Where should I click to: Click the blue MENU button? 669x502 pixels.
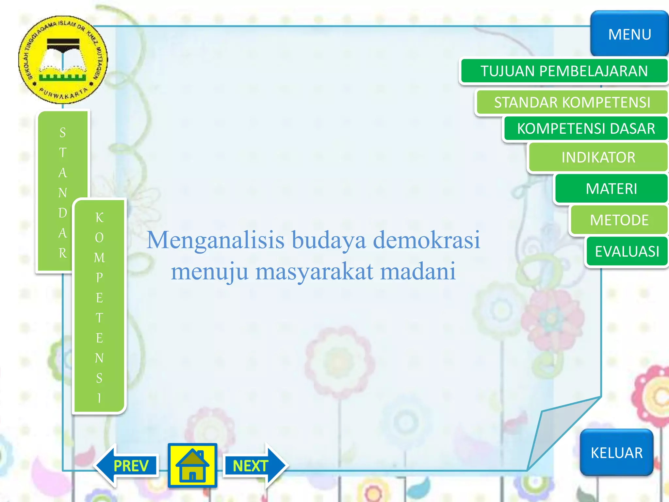coord(629,34)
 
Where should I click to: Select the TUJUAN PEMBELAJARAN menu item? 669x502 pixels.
coord(564,71)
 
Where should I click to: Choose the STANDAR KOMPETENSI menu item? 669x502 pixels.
coord(572,102)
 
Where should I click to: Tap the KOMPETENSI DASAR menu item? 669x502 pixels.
coord(586,128)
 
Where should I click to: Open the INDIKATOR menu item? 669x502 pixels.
coord(598,157)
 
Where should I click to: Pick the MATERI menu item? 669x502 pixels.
coord(611,189)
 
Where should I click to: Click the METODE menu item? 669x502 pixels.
coord(619,220)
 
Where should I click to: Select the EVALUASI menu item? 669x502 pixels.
coord(627,251)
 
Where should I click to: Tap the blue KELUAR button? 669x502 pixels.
coord(616,453)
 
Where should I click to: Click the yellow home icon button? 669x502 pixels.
coord(192,465)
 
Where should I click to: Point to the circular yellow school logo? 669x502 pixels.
coord(63,60)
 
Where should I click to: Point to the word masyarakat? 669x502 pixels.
coord(314,272)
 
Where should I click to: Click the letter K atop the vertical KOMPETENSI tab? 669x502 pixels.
coord(99,217)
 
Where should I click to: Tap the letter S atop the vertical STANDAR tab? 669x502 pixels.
coord(63,132)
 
